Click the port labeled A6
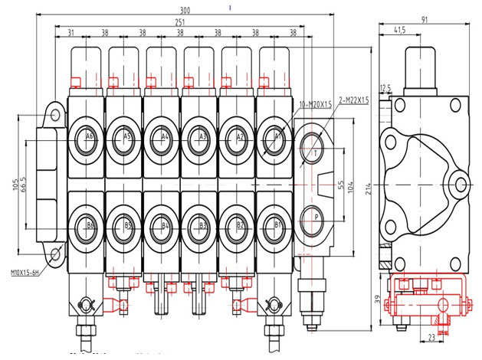click(89, 137)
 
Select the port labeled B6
click(89, 225)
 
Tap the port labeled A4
click(164, 137)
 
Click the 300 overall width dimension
click(185, 10)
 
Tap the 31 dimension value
click(70, 32)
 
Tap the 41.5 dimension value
click(399, 31)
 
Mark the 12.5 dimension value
click(384, 88)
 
